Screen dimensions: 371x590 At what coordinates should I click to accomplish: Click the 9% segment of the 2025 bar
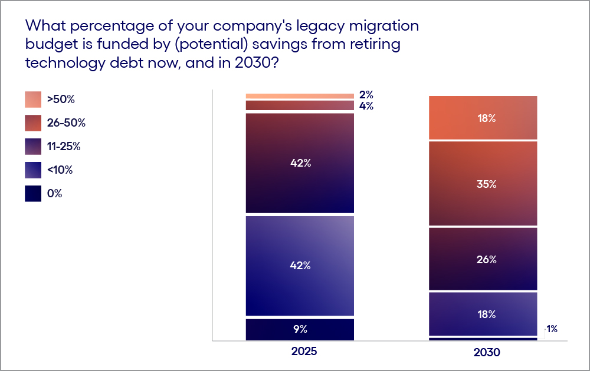coord(300,329)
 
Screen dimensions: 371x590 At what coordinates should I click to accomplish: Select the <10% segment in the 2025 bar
coord(300,266)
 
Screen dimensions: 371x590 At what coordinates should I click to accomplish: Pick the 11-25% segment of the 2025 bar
coord(300,163)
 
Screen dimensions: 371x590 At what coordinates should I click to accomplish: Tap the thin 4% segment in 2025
coord(300,105)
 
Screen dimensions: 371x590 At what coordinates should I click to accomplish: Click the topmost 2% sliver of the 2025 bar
coord(300,96)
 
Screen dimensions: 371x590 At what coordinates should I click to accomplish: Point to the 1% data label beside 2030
coord(552,329)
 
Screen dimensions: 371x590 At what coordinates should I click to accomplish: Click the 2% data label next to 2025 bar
coord(366,95)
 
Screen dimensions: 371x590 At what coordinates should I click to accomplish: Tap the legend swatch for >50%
coord(33,100)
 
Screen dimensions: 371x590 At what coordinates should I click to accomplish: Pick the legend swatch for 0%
coord(33,194)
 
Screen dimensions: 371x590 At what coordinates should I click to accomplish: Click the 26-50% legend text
coord(67,123)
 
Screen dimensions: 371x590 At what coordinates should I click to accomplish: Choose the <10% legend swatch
coord(33,170)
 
